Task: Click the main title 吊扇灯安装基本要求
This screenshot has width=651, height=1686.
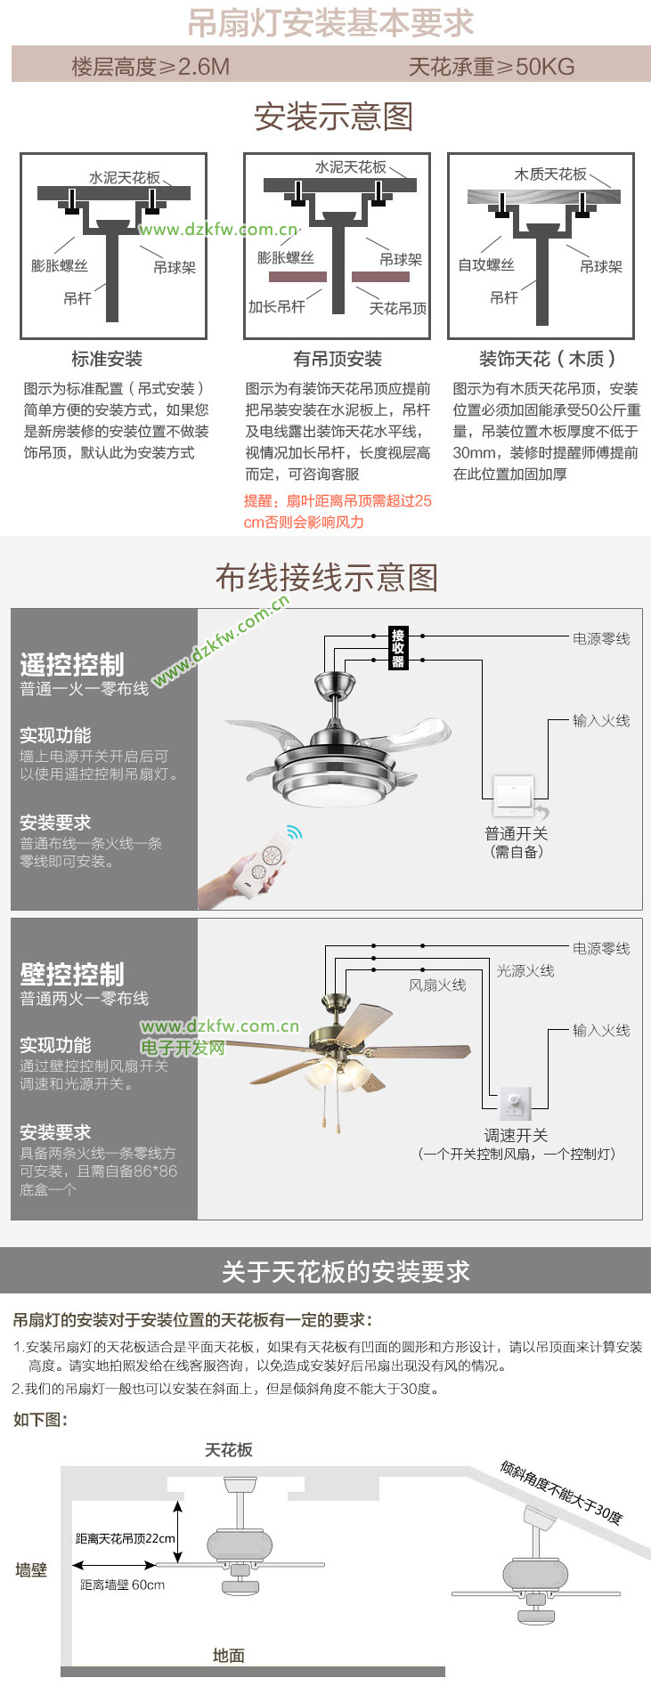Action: pos(330,23)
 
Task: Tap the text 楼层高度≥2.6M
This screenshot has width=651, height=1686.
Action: pos(151,67)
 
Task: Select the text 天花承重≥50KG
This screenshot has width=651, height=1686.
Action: pos(492,67)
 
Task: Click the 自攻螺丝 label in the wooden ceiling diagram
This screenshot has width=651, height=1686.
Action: pos(486,264)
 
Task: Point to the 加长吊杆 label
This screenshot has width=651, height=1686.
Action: pos(277,306)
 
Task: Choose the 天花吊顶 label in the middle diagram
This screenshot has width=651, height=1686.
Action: pos(398,308)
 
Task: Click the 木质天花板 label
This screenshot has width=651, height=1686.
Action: pos(550,174)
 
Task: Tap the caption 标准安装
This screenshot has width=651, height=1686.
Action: pos(107,359)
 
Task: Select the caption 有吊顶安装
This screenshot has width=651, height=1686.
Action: pos(338,359)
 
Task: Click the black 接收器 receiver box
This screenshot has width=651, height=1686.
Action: pos(398,648)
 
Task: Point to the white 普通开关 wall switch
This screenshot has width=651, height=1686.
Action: pos(515,794)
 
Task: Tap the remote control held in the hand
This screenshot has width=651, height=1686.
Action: pos(263,866)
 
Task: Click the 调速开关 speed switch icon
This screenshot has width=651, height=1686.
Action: pos(515,1104)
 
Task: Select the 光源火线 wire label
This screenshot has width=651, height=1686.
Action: pos(525,970)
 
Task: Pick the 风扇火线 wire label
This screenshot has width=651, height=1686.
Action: pos(437,985)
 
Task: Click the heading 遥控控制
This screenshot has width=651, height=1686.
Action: pos(72,664)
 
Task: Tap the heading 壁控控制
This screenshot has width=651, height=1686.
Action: pos(72,974)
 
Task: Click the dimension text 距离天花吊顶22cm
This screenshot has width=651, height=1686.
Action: pos(126,1538)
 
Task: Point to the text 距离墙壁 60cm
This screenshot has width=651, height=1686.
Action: pos(123,1585)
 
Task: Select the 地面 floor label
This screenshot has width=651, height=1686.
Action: pos(229,1656)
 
